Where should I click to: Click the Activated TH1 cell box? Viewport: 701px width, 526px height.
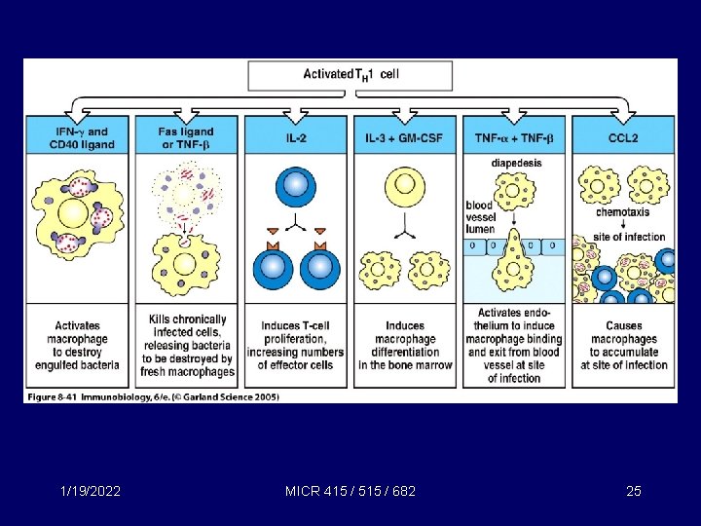350,74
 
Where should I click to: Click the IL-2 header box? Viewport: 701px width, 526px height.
295,138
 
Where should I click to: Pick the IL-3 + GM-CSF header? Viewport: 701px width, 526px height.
404,138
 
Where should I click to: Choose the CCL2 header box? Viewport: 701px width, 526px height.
622,138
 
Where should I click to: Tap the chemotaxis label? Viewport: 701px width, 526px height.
622,211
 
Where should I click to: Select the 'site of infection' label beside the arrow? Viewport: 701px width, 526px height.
631,237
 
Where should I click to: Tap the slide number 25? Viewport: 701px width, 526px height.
634,491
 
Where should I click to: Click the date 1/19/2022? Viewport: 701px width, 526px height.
89,491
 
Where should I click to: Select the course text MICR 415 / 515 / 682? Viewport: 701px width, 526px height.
351,491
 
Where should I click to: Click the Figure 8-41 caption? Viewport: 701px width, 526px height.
153,397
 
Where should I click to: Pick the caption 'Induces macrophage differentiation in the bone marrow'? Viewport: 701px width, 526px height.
404,346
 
